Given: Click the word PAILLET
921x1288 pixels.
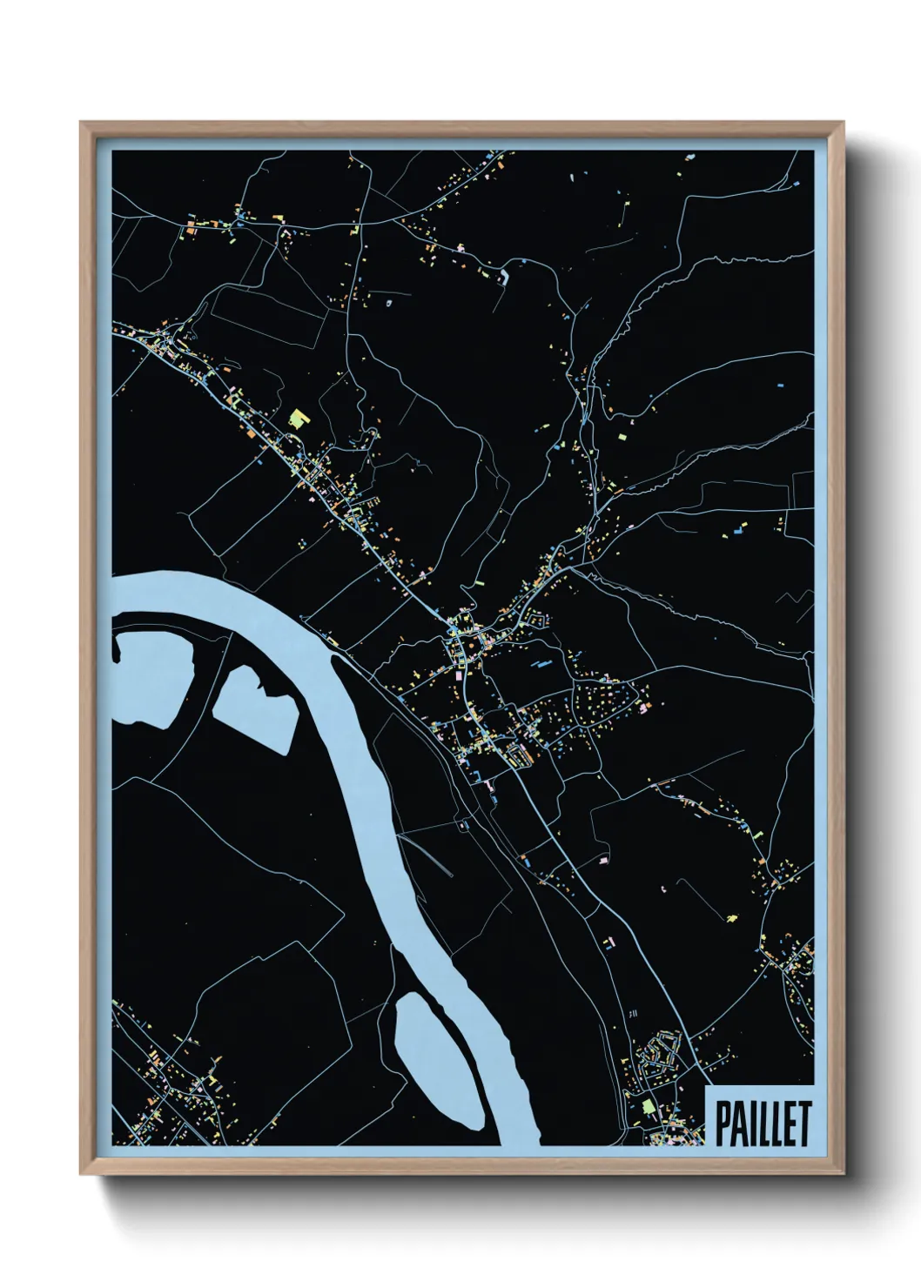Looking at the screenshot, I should [x=763, y=1124].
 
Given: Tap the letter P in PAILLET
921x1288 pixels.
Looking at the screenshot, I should [x=723, y=1124].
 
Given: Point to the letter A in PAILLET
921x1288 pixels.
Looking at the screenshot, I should [x=736, y=1124].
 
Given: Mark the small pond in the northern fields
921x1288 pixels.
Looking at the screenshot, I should [x=504, y=277].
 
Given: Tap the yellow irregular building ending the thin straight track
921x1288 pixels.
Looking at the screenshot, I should [x=731, y=916].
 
